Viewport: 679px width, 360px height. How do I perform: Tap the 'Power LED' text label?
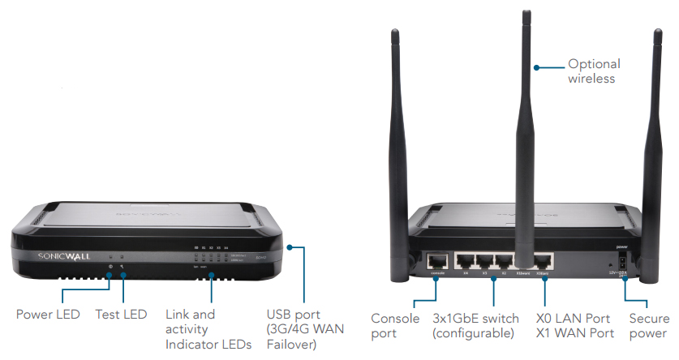[49, 314]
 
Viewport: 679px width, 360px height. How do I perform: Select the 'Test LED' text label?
[122, 314]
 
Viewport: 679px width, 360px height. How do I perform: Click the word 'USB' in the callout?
[281, 314]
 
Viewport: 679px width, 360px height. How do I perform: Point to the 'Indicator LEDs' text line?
[208, 345]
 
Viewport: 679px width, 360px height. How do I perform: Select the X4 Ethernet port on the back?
[466, 261]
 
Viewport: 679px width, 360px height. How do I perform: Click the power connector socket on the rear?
[621, 260]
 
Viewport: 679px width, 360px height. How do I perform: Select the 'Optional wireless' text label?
[594, 71]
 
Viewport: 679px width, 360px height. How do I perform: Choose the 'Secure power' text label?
[648, 325]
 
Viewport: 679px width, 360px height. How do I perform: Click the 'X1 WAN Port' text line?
[572, 333]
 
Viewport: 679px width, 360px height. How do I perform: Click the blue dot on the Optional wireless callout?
[535, 66]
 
